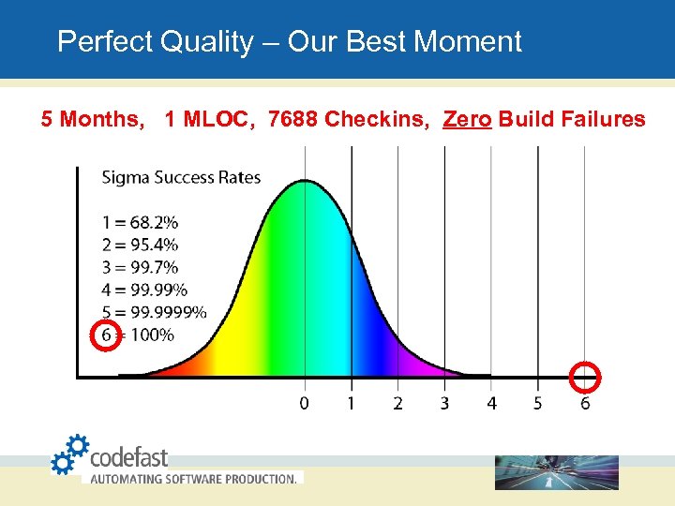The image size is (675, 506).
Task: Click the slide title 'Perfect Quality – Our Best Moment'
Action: [x=289, y=42]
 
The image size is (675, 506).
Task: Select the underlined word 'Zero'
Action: [x=467, y=120]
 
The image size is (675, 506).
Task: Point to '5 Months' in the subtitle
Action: [x=91, y=120]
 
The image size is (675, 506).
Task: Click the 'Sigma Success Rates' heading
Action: [x=181, y=177]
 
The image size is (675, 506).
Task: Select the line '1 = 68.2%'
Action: [x=140, y=223]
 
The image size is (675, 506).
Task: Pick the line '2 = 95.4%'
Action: [x=140, y=246]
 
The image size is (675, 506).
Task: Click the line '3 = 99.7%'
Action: [x=140, y=268]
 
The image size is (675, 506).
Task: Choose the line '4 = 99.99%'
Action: [x=144, y=290]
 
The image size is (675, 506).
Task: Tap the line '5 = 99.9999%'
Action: [x=154, y=313]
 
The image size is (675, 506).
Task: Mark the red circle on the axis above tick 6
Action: [x=585, y=377]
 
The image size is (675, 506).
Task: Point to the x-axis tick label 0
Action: [x=305, y=404]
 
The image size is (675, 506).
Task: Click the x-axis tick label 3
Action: [x=444, y=404]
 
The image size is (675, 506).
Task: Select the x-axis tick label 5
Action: [x=538, y=404]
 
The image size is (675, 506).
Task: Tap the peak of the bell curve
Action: [x=306, y=184]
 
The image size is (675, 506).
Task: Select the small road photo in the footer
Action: [x=557, y=472]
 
